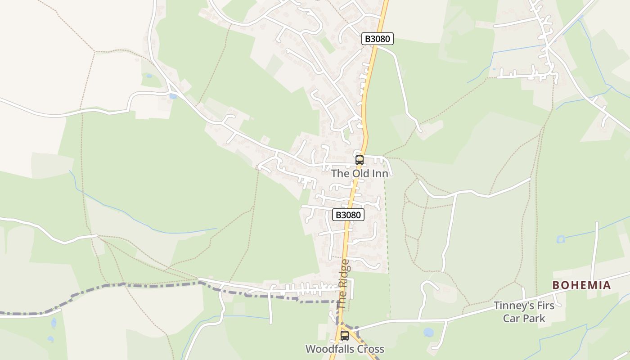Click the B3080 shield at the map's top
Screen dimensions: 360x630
coord(377,39)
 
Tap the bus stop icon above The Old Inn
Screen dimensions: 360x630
coord(359,160)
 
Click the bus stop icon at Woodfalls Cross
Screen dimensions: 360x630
coord(344,335)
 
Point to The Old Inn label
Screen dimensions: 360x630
coord(360,173)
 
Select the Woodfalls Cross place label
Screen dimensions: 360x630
coord(345,349)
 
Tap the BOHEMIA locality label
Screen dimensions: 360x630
coord(581,285)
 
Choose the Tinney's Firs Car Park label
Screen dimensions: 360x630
coord(524,312)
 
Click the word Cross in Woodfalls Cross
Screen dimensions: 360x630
coord(369,349)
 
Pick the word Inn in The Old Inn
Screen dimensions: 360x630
coord(379,173)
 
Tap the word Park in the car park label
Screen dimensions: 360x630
coord(535,318)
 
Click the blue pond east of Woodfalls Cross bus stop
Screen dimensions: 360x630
coord(428,332)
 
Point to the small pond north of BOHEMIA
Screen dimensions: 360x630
coord(560,239)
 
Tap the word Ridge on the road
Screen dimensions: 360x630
coord(344,274)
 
